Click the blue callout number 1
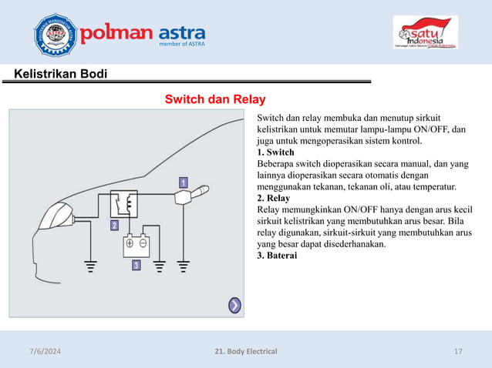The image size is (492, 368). [184, 182]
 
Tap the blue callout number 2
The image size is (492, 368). [113, 226]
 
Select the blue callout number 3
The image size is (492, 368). [136, 265]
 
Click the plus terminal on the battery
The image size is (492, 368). [130, 243]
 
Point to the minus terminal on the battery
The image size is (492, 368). [143, 243]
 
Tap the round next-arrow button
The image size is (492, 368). [235, 306]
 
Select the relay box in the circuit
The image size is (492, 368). [123, 204]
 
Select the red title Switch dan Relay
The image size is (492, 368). [215, 99]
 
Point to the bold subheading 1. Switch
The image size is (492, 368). [275, 152]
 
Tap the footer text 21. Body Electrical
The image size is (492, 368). [246, 352]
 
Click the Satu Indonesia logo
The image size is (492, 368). [426, 34]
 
